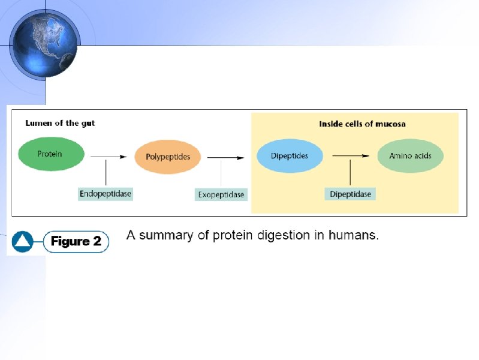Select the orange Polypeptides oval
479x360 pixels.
click(x=168, y=157)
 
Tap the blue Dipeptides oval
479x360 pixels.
click(x=290, y=156)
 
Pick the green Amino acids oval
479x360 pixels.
click(x=410, y=156)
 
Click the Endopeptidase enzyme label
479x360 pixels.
click(x=106, y=194)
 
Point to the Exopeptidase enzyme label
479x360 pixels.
click(x=221, y=194)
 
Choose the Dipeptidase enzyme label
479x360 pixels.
click(x=350, y=194)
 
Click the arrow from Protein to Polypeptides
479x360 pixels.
click(x=109, y=157)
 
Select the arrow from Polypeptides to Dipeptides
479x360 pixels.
click(x=225, y=158)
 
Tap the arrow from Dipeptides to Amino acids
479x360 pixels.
click(x=350, y=156)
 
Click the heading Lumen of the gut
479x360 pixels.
click(x=60, y=123)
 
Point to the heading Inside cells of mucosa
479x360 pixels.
click(x=354, y=124)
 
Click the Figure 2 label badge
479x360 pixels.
click(x=76, y=242)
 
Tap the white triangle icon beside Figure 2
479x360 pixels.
click(x=23, y=242)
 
